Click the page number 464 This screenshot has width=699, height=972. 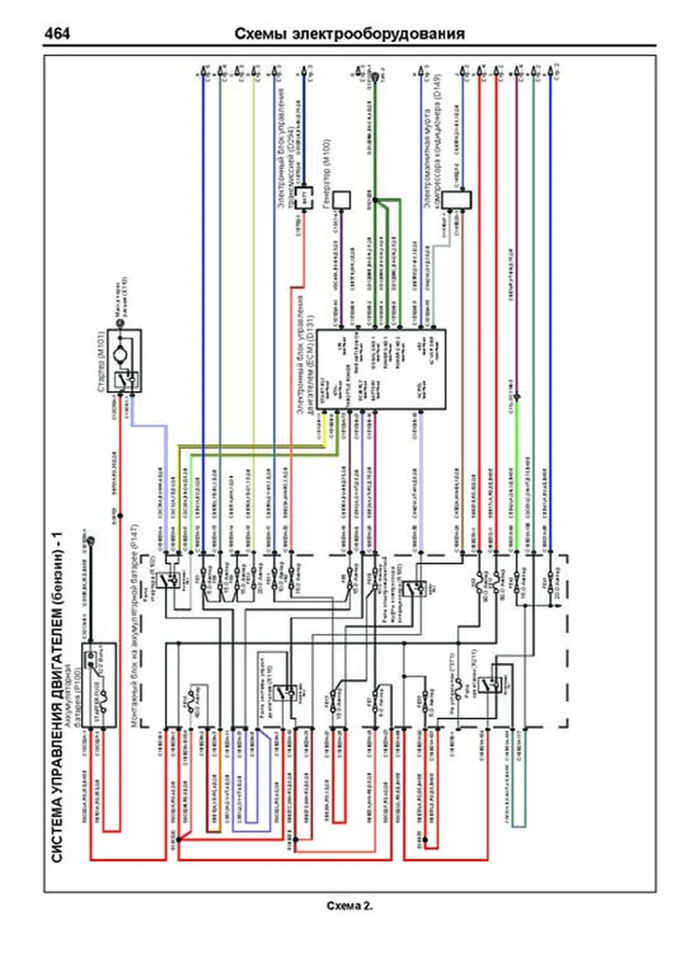tap(57, 33)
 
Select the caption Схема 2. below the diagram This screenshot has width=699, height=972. tap(349, 906)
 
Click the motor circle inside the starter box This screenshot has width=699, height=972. tap(121, 354)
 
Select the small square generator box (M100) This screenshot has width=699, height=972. tap(341, 200)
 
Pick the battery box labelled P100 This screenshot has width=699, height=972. tap(98, 685)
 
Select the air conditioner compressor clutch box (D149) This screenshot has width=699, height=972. tap(456, 200)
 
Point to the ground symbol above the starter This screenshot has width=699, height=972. tap(121, 322)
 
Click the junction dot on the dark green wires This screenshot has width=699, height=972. tap(375, 200)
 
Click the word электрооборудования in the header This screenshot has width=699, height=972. tap(378, 34)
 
